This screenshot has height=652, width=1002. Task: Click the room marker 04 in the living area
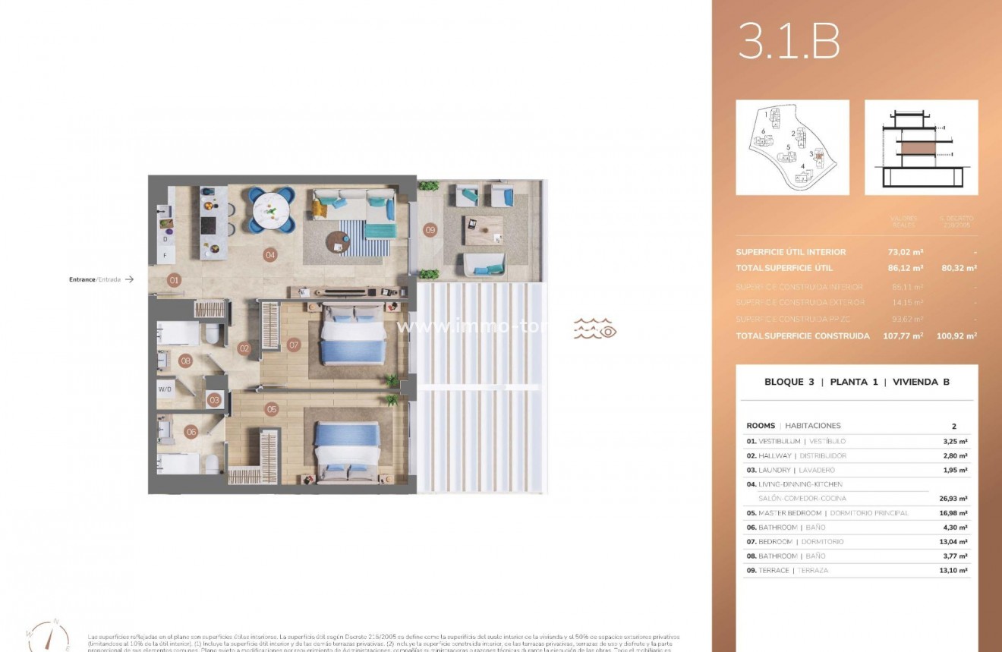coord(269,255)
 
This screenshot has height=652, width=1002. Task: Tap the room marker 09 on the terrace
coord(430,230)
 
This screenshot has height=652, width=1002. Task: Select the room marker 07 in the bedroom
coord(294,345)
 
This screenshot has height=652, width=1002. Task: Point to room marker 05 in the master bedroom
coord(272,409)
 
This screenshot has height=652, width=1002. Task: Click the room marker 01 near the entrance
coord(175,280)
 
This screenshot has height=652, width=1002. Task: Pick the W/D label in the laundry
coord(165,389)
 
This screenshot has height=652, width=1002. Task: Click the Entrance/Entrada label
coord(95,279)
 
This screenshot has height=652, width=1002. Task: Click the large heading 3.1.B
coord(789,43)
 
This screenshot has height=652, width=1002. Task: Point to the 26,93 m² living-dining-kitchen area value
coord(952,499)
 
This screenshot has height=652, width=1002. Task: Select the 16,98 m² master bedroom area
coord(952,513)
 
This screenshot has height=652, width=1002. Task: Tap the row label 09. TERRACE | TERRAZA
coord(787,570)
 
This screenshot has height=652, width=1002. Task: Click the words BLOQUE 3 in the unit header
coord(789,382)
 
